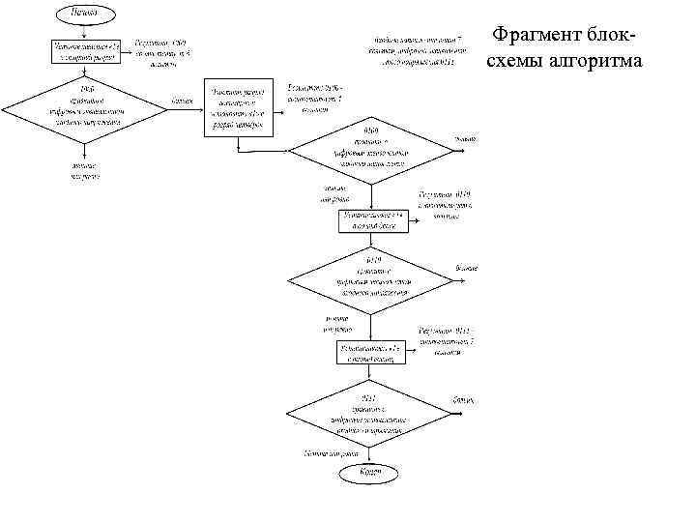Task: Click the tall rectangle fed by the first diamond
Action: (x=237, y=110)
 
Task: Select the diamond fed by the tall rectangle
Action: (x=371, y=149)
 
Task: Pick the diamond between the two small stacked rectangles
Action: (x=372, y=278)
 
